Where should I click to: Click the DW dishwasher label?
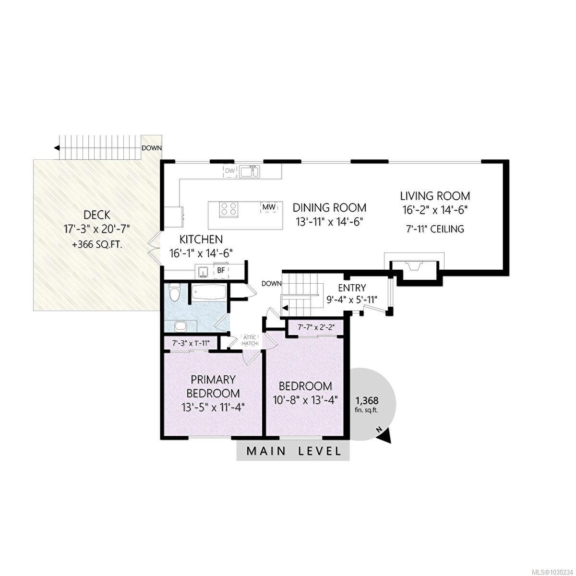pyautogui.click(x=230, y=170)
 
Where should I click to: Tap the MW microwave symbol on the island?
pyautogui.click(x=269, y=207)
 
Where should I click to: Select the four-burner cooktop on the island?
pyautogui.click(x=229, y=209)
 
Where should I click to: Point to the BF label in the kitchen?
pyautogui.click(x=221, y=271)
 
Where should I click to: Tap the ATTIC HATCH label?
pyautogui.click(x=250, y=340)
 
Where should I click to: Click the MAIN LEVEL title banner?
pyautogui.click(x=293, y=451)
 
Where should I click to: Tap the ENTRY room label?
pyautogui.click(x=351, y=288)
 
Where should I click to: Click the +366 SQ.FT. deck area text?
pyautogui.click(x=96, y=245)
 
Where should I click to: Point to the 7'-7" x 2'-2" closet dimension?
pyautogui.click(x=316, y=327)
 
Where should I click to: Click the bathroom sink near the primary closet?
pyautogui.click(x=181, y=326)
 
